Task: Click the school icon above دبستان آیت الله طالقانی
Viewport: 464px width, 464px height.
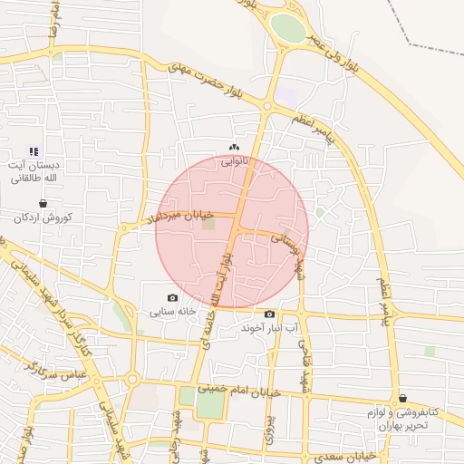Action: (34, 152)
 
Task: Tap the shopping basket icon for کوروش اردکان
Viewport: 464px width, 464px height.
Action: (43, 204)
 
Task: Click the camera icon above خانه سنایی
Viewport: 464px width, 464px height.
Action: (173, 297)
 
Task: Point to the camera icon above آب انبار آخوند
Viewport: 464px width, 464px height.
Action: (269, 314)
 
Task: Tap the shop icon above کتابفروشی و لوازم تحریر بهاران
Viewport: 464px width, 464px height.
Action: (402, 398)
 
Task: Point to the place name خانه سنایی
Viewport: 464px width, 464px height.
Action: (173, 312)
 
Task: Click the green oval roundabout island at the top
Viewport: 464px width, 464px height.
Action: (288, 27)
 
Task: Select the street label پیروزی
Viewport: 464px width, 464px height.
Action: (269, 426)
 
